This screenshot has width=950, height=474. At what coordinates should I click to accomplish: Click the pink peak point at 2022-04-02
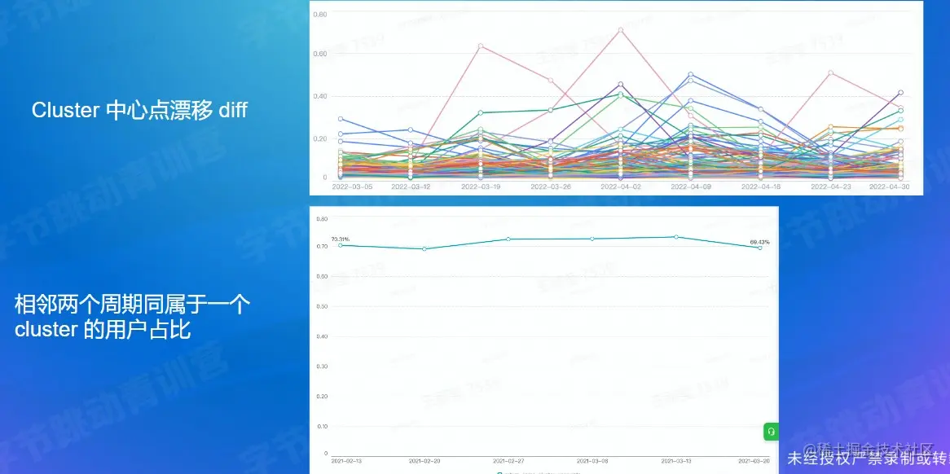pos(621,30)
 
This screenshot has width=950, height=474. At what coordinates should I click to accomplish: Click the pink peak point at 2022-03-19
pos(481,46)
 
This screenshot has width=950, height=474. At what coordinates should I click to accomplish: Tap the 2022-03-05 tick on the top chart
pos(352,187)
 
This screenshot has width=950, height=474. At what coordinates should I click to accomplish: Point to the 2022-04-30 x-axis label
pos(890,187)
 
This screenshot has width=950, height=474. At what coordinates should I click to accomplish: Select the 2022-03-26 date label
pos(551,187)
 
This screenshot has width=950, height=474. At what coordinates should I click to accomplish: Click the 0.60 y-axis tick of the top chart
pos(320,54)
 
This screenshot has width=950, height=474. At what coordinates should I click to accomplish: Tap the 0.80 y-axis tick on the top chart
pos(320,15)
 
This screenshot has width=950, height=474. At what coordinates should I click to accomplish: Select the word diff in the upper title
pos(232,111)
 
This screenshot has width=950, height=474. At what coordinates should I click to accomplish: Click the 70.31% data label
pos(340,239)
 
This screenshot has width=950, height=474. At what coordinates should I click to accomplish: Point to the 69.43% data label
pos(759,242)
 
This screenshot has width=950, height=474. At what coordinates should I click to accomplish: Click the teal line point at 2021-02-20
pos(424,249)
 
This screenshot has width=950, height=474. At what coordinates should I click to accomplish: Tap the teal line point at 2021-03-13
pos(675,237)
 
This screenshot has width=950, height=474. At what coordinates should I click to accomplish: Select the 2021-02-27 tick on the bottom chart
pos(508,460)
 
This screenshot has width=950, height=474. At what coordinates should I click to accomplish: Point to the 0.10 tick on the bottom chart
pos(321,426)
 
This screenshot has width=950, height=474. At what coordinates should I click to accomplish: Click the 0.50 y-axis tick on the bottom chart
pos(321,306)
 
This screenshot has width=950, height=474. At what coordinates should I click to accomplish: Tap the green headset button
pos(771,431)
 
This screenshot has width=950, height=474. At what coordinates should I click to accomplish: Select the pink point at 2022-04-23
pos(831,73)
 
